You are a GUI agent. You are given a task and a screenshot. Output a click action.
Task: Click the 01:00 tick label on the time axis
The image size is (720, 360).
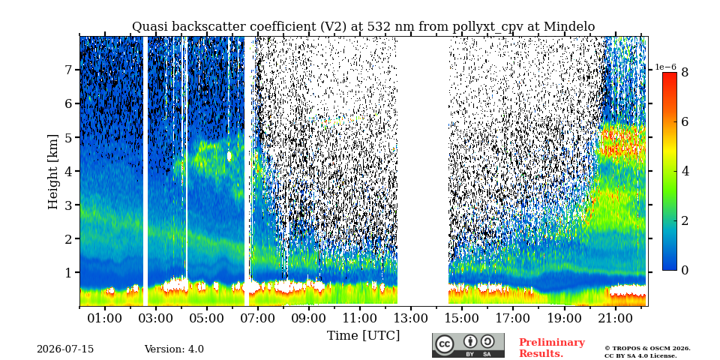(x=105, y=318)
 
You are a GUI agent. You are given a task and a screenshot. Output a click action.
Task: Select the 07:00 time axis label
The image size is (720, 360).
(x=258, y=318)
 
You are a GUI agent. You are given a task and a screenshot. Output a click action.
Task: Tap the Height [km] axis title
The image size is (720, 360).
(x=53, y=172)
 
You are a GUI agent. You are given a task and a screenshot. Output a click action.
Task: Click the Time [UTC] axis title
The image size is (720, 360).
(x=363, y=336)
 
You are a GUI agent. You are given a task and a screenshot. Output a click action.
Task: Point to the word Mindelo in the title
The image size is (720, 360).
(x=569, y=27)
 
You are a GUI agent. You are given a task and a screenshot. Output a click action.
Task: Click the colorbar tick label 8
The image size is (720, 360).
(x=685, y=72)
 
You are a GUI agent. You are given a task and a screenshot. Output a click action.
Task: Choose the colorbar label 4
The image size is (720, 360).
(x=685, y=171)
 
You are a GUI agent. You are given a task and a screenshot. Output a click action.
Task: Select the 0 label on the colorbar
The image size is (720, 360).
(x=685, y=271)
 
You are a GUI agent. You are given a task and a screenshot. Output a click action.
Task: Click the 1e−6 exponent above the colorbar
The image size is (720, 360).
(x=665, y=67)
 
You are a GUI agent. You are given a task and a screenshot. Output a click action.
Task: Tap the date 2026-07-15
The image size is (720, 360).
(x=65, y=349)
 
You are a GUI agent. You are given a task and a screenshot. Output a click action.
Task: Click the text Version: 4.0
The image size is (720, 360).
(x=174, y=349)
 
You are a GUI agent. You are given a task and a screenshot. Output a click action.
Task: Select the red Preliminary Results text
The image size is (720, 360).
(x=552, y=348)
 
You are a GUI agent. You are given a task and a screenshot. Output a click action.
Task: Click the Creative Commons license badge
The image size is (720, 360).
(x=468, y=345)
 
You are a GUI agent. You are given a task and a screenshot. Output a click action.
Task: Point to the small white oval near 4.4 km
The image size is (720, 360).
(x=229, y=156)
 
